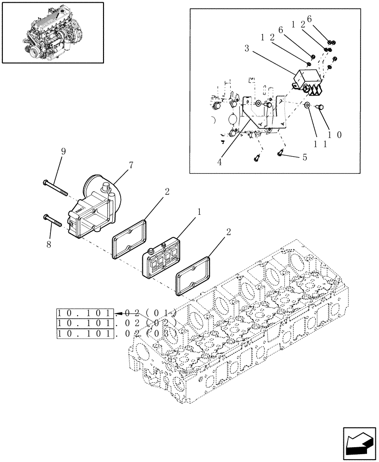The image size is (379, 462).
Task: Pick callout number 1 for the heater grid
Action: point(199,212)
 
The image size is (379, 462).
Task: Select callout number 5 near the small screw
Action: point(305,157)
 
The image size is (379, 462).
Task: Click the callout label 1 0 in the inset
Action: point(335,135)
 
